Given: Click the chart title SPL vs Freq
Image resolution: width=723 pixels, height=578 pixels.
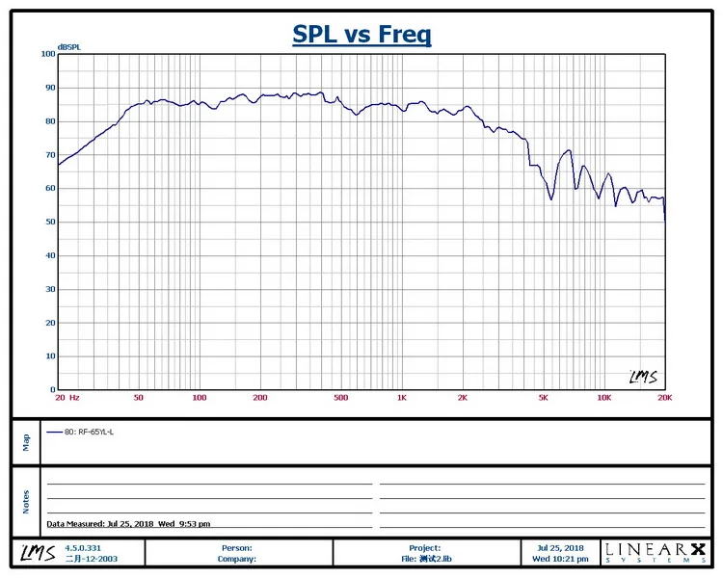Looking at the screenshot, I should (x=361, y=36).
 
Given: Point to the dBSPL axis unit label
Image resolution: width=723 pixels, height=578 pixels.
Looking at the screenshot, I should (x=69, y=46).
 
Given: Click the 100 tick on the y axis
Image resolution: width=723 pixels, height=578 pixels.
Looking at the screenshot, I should (x=48, y=54).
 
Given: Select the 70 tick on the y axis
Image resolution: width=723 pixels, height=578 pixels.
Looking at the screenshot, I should (x=50, y=155).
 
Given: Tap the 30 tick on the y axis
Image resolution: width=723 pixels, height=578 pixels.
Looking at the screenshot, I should (x=50, y=289).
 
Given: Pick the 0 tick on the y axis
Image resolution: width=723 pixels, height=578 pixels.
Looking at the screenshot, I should (x=53, y=390).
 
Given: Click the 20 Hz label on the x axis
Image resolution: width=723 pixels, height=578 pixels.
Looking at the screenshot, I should (x=67, y=397).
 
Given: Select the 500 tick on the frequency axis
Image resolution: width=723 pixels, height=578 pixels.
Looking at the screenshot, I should (x=339, y=397).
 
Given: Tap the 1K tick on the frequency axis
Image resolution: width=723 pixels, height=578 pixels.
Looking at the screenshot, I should (x=401, y=397).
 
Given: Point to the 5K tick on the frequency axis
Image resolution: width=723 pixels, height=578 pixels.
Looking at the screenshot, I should (x=543, y=397).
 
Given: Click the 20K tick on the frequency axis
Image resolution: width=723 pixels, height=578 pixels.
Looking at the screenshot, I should (x=663, y=397).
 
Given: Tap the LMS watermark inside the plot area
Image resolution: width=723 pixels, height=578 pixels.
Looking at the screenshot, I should (x=643, y=377).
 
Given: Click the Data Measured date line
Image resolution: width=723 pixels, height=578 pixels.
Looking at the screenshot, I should (x=128, y=524).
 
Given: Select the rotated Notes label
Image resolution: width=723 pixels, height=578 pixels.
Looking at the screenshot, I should (x=26, y=501).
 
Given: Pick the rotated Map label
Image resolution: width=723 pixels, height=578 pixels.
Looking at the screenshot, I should (x=26, y=441).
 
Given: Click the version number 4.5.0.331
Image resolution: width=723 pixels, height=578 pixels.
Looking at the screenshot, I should (x=83, y=547).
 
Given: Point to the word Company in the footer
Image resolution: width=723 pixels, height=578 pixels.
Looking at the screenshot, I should (x=235, y=558).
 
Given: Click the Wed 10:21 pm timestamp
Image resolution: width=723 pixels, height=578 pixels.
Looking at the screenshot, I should (x=560, y=558).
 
